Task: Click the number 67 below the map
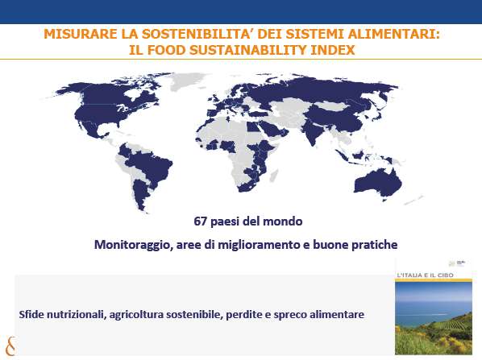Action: click(x=201, y=221)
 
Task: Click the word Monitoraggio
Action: click(x=132, y=245)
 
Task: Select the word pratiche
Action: click(x=375, y=245)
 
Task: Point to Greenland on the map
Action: click(x=185, y=81)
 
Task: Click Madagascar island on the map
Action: click(x=274, y=176)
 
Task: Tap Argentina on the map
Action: click(x=141, y=194)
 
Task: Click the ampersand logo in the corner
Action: click(x=10, y=346)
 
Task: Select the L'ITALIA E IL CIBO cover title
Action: click(x=426, y=275)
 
